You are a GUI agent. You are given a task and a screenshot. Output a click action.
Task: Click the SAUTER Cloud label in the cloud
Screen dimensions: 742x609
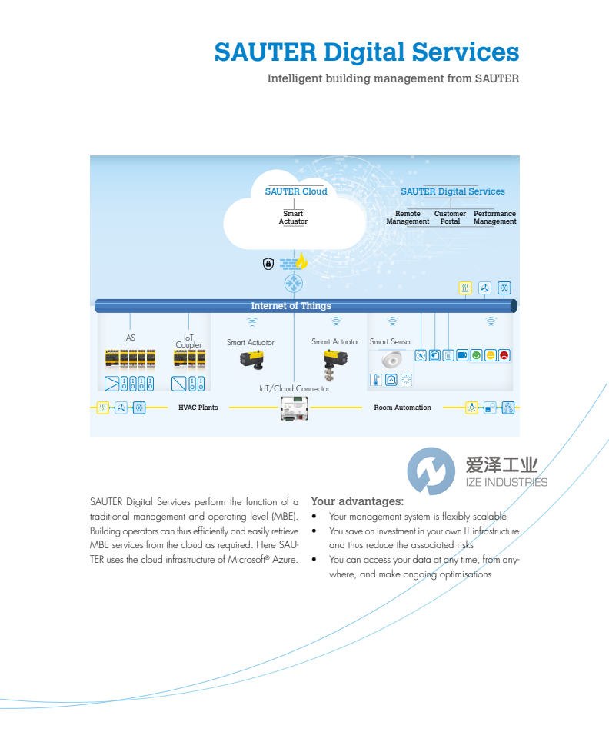pyautogui.click(x=296, y=191)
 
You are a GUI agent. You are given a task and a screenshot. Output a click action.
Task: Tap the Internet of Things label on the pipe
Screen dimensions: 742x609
pyautogui.click(x=291, y=306)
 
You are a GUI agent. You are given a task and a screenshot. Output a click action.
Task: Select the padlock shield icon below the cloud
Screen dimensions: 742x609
pyautogui.click(x=268, y=264)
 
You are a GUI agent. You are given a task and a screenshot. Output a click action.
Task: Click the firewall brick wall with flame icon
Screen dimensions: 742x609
pyautogui.click(x=294, y=263)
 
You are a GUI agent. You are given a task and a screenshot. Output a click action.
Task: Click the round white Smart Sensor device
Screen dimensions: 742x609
pyautogui.click(x=391, y=360)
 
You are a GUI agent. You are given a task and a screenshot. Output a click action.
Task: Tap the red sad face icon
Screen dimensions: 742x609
pyautogui.click(x=504, y=355)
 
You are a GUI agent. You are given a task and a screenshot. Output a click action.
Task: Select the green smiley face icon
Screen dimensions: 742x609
pyautogui.click(x=477, y=355)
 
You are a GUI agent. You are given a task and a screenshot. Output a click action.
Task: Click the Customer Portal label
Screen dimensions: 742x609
pyautogui.click(x=450, y=218)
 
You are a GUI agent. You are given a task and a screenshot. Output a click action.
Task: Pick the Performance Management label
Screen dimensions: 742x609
pyautogui.click(x=494, y=218)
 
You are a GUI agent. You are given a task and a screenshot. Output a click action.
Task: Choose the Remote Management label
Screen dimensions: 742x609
pyautogui.click(x=408, y=218)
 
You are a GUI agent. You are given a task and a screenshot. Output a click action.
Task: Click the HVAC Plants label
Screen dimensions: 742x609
pyautogui.click(x=198, y=408)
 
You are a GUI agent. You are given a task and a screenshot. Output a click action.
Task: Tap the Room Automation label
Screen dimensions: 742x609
pyautogui.click(x=402, y=408)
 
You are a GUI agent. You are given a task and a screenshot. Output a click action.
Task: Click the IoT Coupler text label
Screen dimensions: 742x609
pyautogui.click(x=188, y=341)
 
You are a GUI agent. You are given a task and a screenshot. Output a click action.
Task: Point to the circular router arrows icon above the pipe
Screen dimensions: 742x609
pyautogui.click(x=294, y=284)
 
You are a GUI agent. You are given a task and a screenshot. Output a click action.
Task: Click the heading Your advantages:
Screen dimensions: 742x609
pyautogui.click(x=357, y=501)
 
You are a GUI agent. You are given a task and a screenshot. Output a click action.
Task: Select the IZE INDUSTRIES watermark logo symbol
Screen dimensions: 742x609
pyautogui.click(x=431, y=471)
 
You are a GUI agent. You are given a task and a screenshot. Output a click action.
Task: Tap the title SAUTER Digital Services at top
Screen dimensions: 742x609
pyautogui.click(x=367, y=52)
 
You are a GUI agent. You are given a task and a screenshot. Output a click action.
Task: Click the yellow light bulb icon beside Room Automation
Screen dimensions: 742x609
pyautogui.click(x=471, y=408)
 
